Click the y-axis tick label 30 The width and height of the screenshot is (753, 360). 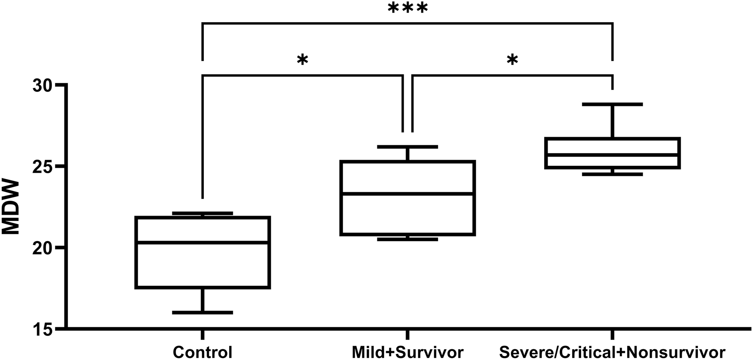coord(44,85)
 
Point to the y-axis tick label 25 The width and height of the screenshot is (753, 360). coord(44,167)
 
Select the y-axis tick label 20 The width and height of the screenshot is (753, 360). coord(44,248)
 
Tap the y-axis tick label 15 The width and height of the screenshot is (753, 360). coord(44,329)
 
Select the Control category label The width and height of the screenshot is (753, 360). coord(202,352)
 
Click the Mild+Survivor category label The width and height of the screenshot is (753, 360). coord(407,352)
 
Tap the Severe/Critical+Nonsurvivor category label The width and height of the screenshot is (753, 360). coord(612,352)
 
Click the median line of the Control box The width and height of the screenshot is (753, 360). coord(202,242)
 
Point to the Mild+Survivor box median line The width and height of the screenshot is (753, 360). coord(407,193)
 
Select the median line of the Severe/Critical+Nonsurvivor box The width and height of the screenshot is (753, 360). coord(612,154)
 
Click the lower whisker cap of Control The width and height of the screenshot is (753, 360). coord(202,312)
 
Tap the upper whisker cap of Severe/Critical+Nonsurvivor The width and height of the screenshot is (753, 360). coord(612,104)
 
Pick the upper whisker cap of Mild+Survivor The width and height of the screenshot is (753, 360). coord(407,147)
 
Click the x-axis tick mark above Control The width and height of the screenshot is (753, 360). coord(202,334)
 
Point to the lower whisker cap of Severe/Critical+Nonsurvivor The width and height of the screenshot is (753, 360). coord(612,174)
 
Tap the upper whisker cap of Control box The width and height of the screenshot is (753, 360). coord(202,213)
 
